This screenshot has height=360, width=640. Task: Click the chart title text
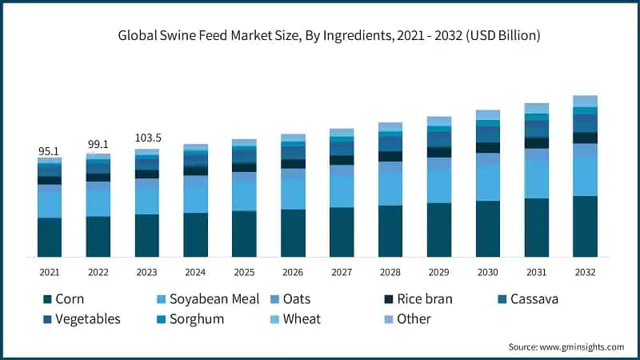coord(329,35)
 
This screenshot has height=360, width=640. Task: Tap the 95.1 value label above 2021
coord(49,150)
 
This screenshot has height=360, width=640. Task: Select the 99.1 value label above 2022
coord(98,145)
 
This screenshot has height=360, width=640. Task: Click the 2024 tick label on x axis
coord(195,272)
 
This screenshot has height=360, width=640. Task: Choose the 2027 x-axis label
coord(342,272)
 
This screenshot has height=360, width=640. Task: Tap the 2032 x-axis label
coord(585,272)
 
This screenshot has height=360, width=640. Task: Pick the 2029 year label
coord(438,272)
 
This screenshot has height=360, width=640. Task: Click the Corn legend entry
coord(64,299)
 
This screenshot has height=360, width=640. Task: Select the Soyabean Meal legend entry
coord(208,299)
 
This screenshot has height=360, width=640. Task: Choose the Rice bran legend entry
coord(418,299)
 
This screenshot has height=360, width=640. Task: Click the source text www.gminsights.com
coord(566,346)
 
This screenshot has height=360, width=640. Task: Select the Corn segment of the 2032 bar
coord(585,226)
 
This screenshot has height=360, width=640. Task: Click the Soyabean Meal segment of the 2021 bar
coord(49,205)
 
